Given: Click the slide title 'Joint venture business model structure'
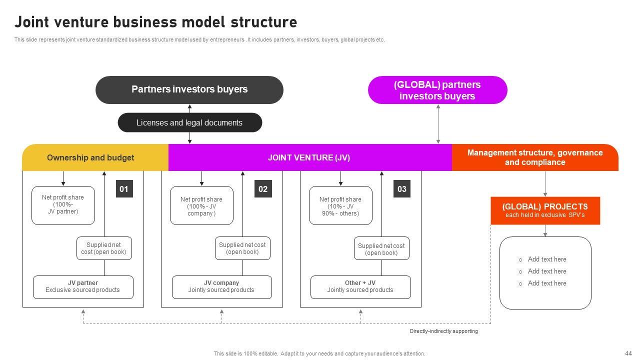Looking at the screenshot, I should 155,22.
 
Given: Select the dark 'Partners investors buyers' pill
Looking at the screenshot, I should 189,89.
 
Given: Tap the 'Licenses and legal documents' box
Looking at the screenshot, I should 189,122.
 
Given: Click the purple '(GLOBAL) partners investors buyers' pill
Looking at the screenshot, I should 437,90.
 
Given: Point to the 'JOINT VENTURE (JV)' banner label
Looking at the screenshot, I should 309,157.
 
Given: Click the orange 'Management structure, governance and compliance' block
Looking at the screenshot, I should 535,157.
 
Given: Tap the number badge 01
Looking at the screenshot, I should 124,189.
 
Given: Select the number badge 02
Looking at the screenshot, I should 263,189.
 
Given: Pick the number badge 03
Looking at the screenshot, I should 402,189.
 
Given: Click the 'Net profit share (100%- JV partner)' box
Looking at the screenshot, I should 63,205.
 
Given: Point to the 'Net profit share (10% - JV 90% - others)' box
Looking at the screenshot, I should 340,205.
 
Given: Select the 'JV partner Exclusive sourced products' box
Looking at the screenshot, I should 83,287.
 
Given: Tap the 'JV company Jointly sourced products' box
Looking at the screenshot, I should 221,287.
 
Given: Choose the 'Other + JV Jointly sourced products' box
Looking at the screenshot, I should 360,287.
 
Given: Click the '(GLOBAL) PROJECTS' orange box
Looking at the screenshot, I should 545,210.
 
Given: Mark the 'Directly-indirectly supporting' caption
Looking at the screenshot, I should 443,331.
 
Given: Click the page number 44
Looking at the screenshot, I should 628,353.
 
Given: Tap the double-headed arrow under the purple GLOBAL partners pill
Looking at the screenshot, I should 438,124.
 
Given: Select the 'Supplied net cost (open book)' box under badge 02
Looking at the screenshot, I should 242,248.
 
